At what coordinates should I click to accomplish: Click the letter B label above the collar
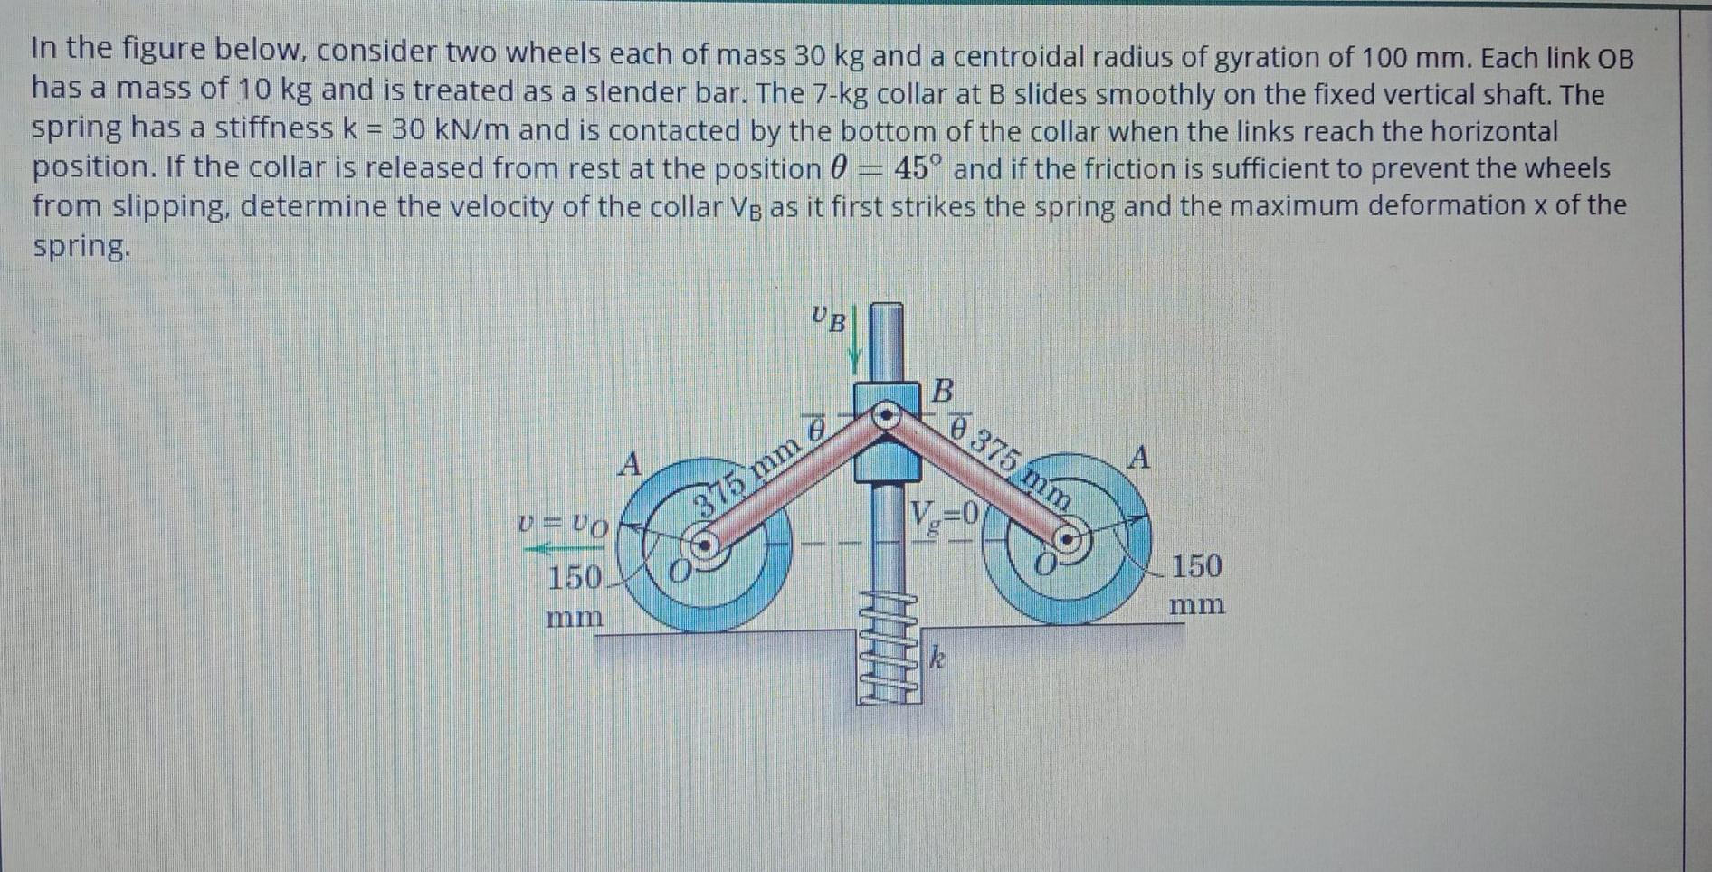pos(942,391)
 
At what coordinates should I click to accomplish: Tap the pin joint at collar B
pos(886,415)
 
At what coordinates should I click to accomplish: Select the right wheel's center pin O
pos(1068,540)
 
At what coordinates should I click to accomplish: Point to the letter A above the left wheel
pos(629,465)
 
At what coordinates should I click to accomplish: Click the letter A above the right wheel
pos(1139,458)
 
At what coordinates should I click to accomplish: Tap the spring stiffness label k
pos(937,658)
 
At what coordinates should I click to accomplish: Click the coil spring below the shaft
pos(888,647)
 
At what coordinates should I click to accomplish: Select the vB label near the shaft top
pos(829,318)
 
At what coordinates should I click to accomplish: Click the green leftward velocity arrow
pos(555,548)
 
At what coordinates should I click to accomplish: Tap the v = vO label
pos(562,524)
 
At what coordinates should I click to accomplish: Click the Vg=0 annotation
pos(943,516)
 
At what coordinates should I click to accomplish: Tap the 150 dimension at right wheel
pos(1196,567)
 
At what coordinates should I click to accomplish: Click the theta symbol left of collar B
pos(816,428)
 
